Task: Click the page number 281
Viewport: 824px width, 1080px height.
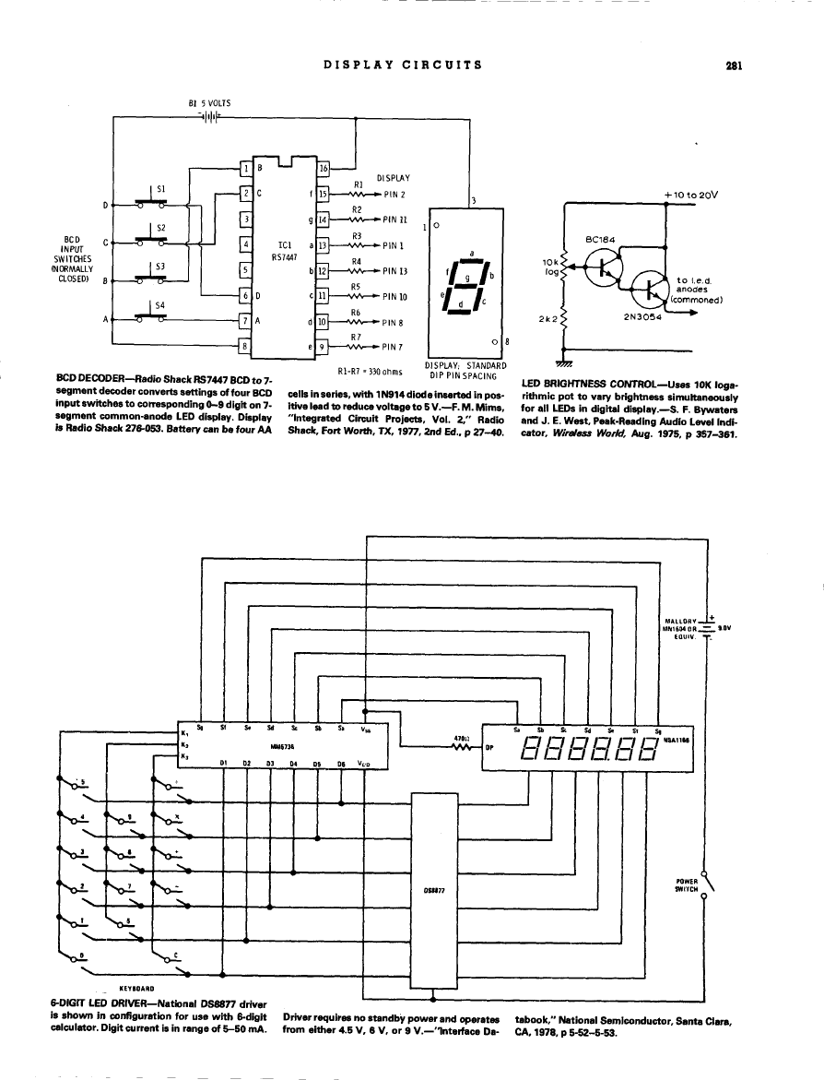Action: [x=734, y=65]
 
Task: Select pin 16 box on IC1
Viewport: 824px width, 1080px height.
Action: [x=324, y=169]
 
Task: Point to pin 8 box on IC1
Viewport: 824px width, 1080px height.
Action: [x=245, y=346]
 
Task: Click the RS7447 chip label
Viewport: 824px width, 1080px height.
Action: [x=284, y=258]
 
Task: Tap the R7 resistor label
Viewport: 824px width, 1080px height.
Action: [x=357, y=337]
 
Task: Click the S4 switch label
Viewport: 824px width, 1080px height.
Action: [x=160, y=305]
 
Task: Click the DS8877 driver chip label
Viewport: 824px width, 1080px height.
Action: [x=434, y=891]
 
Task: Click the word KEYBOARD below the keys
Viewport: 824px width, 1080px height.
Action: [x=135, y=987]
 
